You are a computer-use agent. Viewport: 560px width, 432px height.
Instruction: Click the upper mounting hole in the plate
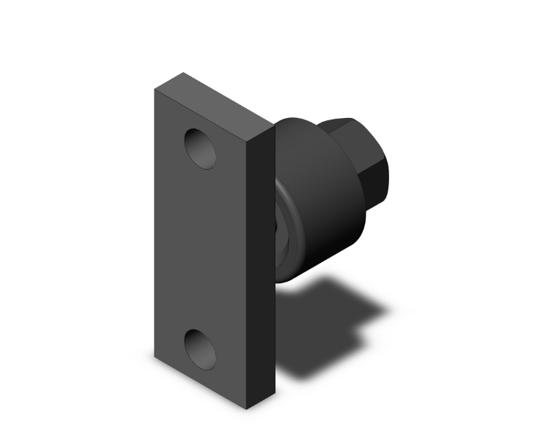[x=201, y=147]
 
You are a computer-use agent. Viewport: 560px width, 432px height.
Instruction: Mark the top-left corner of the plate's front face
[x=155, y=89]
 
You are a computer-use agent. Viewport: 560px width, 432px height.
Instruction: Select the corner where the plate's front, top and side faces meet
[x=248, y=140]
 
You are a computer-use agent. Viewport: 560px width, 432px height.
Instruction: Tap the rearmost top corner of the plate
[x=183, y=73]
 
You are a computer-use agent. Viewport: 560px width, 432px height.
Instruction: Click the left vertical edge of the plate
[x=155, y=225]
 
